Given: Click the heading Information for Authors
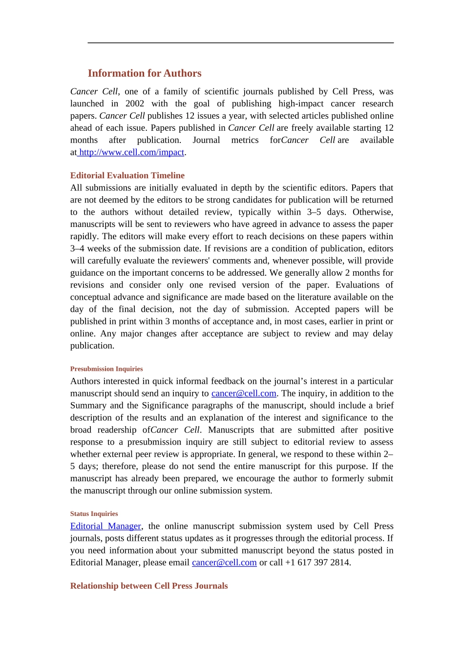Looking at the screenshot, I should pos(145,73).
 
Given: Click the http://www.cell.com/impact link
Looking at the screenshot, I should pos(131,152).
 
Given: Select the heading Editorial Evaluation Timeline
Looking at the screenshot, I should pos(127,175).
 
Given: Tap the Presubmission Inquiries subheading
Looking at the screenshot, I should pos(106,369).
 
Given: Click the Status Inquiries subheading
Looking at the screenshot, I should pos(94,514).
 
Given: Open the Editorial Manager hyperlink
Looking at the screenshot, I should pos(105,526).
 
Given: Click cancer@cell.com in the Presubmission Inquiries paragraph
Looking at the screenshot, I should pos(244,393).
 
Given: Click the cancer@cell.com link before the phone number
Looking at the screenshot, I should pos(224,563).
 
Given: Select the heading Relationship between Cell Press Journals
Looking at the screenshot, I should pos(149,586).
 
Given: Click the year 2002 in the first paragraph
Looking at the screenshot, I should pos(135,103).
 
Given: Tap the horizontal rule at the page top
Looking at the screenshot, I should pos(240,43).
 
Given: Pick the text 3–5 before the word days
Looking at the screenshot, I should pos(314,212).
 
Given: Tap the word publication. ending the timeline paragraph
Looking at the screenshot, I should pos(92,346).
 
